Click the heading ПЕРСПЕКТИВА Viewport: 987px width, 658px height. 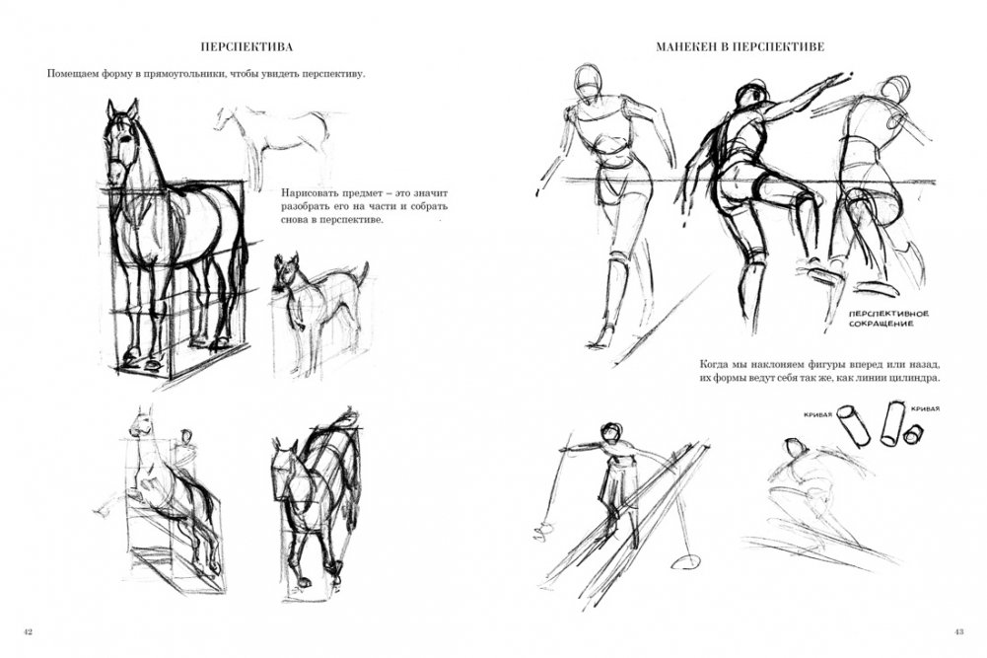pyautogui.click(x=246, y=46)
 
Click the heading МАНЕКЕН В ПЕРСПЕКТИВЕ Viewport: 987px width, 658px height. pyautogui.click(x=740, y=46)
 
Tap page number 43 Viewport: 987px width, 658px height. pyautogui.click(x=958, y=631)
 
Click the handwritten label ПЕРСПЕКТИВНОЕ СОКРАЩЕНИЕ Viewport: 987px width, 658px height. pyautogui.click(x=888, y=319)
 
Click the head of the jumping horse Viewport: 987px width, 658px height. pyautogui.click(x=142, y=422)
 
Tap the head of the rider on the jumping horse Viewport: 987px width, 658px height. pyautogui.click(x=185, y=436)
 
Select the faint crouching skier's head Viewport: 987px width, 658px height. pyautogui.click(x=795, y=448)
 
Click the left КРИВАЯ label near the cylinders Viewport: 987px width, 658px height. pyautogui.click(x=818, y=414)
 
